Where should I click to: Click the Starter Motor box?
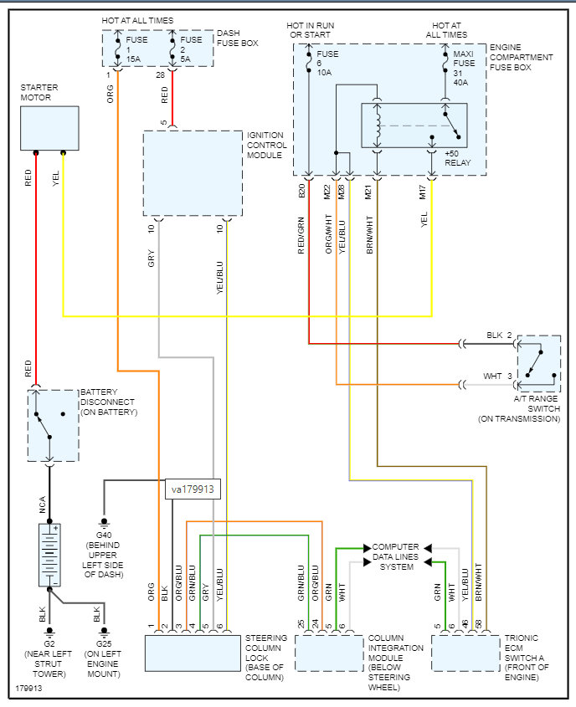tap(49, 128)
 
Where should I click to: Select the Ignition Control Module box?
tap(191, 163)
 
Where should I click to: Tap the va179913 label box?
tap(193, 489)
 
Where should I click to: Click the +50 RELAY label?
tap(456, 159)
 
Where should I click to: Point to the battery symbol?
tap(49, 555)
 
